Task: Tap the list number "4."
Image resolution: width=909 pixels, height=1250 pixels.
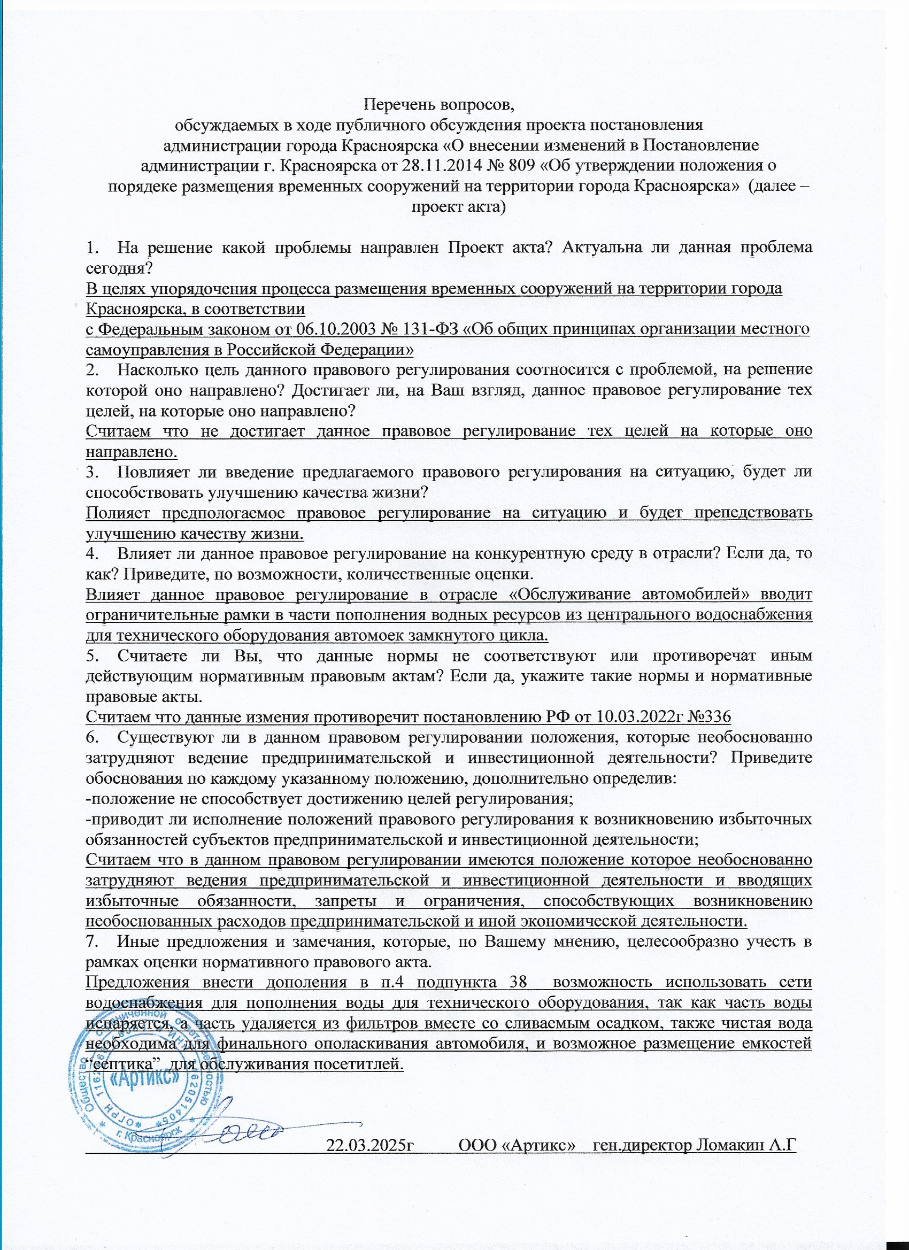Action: [x=92, y=554]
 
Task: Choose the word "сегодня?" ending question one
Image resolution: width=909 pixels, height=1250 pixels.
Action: [x=119, y=268]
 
